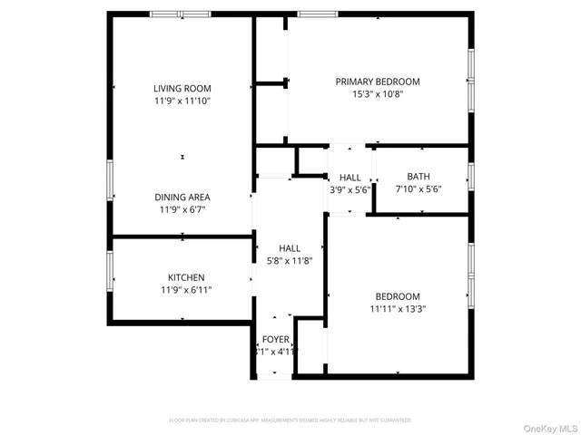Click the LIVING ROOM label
(182, 88)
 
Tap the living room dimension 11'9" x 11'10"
(182, 101)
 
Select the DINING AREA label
(182, 197)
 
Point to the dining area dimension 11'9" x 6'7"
(182, 209)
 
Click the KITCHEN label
(185, 277)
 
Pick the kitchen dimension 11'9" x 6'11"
(185, 290)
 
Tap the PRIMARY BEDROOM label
(378, 81)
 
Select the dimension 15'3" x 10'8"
(378, 93)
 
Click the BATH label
(419, 177)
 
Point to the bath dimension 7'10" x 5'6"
(419, 189)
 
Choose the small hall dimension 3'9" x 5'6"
(350, 190)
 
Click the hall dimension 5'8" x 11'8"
(290, 261)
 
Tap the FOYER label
(275, 339)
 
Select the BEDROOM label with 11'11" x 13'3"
(398, 296)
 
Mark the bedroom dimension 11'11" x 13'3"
(398, 309)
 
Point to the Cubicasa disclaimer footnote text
(290, 420)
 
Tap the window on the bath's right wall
(470, 176)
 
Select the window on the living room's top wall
(180, 14)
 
